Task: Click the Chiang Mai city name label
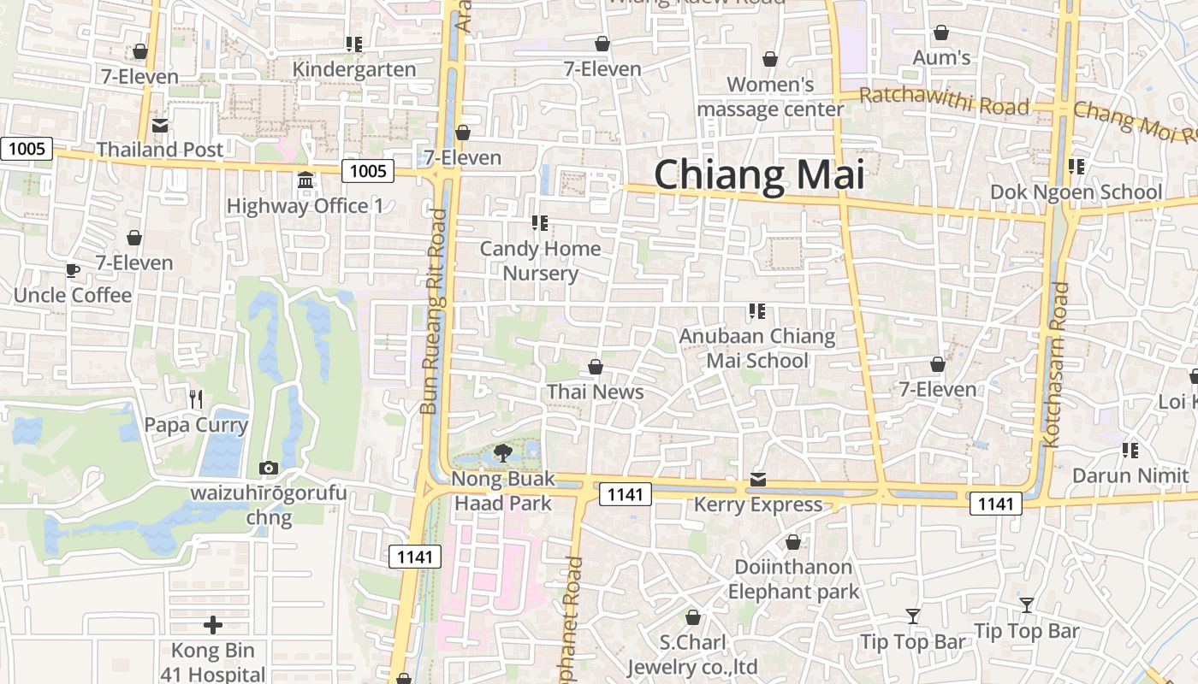(759, 174)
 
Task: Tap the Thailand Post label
(160, 150)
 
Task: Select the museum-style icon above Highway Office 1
(305, 180)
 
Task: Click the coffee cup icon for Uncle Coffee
(73, 271)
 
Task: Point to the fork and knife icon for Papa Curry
(196, 398)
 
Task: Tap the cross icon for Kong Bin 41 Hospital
(213, 625)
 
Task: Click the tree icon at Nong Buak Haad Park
(503, 453)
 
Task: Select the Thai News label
(595, 392)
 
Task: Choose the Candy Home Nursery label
(540, 261)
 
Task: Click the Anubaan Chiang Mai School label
(757, 348)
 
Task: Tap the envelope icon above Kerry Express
(758, 480)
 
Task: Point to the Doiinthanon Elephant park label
(793, 579)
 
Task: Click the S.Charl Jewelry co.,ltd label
(693, 654)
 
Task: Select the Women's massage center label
(770, 97)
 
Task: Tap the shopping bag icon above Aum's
(941, 33)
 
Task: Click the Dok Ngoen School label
(1076, 192)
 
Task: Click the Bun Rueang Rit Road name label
(434, 311)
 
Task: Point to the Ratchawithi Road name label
(943, 101)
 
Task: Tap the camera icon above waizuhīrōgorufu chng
(269, 468)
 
